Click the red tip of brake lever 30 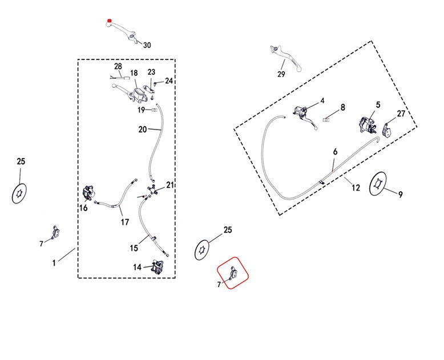click(109, 22)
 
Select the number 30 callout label click(147, 45)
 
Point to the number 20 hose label click(143, 130)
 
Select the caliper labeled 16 click(88, 192)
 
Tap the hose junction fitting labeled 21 click(152, 189)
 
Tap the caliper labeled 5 click(366, 124)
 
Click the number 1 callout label click(54, 263)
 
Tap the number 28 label click(118, 67)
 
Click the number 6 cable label click(335, 152)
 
